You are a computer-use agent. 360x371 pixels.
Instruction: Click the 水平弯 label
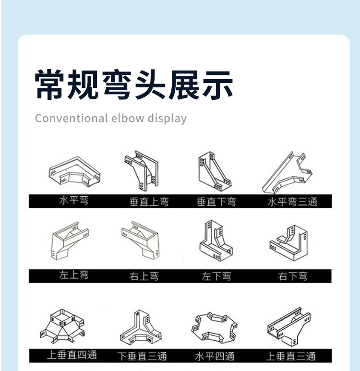[74, 201]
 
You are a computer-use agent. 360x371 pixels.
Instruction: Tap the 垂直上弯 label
[149, 202]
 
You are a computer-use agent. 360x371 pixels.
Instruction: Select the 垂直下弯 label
[216, 202]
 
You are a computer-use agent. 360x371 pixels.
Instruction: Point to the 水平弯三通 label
[292, 202]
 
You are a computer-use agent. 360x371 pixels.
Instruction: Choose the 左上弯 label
[74, 275]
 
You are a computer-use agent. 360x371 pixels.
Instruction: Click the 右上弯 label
[144, 276]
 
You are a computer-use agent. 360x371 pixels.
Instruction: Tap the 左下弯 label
[216, 276]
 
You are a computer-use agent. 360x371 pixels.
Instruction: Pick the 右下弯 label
[293, 276]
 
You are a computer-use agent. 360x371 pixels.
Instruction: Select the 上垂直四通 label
[72, 355]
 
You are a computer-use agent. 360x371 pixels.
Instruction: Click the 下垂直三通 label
[142, 356]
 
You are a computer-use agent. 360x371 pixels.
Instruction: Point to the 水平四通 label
[215, 356]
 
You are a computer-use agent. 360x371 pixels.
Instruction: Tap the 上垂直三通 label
[291, 356]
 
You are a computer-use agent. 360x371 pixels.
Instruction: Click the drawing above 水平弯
[74, 171]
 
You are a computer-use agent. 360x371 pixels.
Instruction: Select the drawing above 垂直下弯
[215, 171]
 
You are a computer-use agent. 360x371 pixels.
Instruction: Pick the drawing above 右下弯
[289, 243]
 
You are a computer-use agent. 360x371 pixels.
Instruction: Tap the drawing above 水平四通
[215, 327]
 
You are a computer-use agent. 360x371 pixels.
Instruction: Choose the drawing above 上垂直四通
[62, 326]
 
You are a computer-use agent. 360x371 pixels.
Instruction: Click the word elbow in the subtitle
[127, 118]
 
